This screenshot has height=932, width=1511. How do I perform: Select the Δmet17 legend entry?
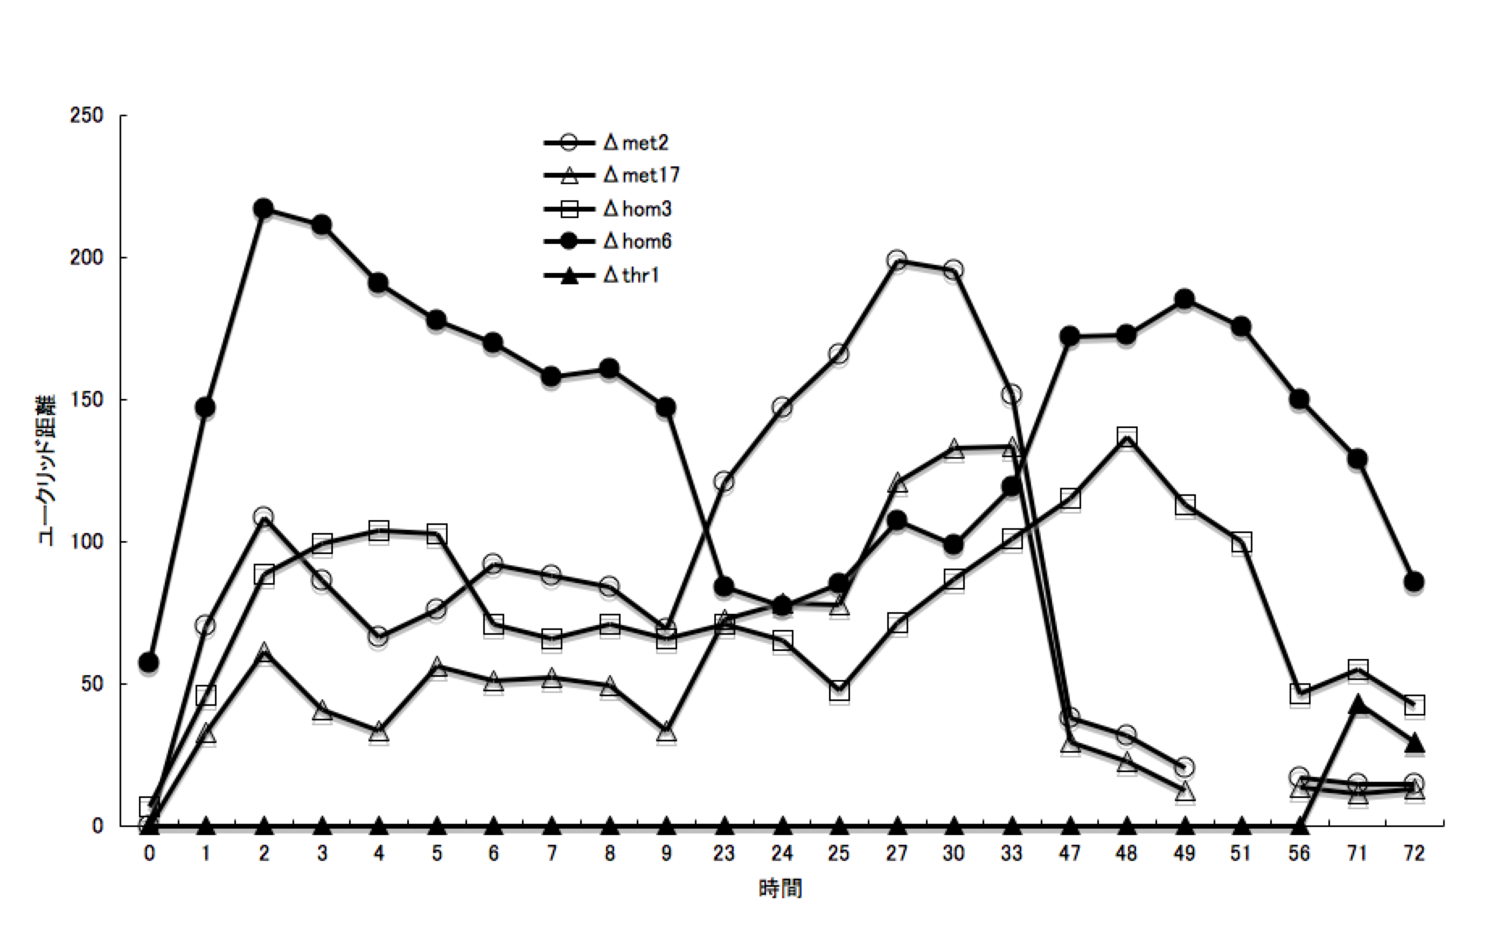(x=611, y=175)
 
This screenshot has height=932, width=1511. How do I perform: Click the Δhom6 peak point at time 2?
(x=263, y=208)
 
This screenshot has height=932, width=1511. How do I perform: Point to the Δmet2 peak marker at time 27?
(x=896, y=260)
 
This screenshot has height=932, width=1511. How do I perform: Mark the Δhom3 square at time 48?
(x=1127, y=437)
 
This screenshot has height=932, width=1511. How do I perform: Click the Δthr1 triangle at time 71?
(x=1357, y=704)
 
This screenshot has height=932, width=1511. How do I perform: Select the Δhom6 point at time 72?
(x=1414, y=581)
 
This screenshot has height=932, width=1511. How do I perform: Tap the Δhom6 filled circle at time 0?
(x=149, y=662)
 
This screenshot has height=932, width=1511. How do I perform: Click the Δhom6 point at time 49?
(x=1185, y=300)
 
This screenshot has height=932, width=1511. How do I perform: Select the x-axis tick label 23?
(x=724, y=854)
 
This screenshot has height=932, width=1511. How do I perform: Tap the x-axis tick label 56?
(x=1299, y=854)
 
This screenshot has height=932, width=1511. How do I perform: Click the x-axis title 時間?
(x=781, y=889)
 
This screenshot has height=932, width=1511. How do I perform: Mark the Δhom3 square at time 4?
(x=379, y=531)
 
